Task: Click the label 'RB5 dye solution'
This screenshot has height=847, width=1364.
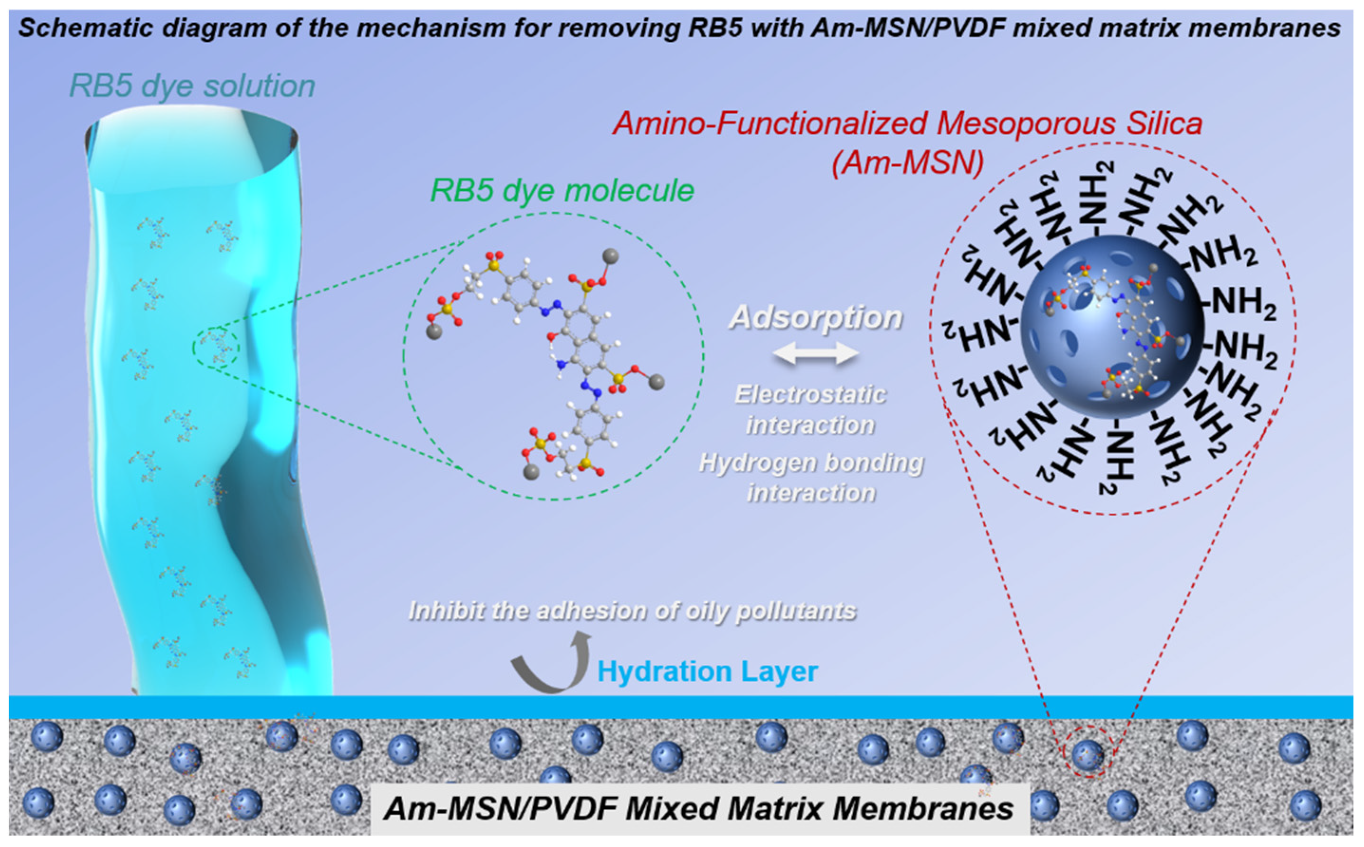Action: pos(192,87)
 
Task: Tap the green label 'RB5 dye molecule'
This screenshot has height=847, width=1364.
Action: pos(562,191)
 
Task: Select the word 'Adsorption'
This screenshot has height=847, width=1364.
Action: pos(816,318)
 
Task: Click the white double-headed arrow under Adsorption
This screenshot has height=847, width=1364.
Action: pos(816,354)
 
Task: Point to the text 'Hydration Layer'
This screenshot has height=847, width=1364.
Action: pos(707,672)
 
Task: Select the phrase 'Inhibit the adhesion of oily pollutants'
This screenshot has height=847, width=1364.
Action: pos(632,611)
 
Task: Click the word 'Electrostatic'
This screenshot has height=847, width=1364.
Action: pos(810,395)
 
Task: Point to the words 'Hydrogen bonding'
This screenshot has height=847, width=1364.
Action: pos(811,463)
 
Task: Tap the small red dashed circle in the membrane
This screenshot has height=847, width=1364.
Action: pos(1087,759)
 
